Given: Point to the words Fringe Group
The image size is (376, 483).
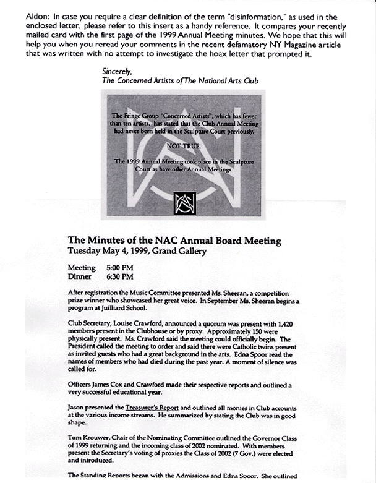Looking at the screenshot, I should coord(145,116).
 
